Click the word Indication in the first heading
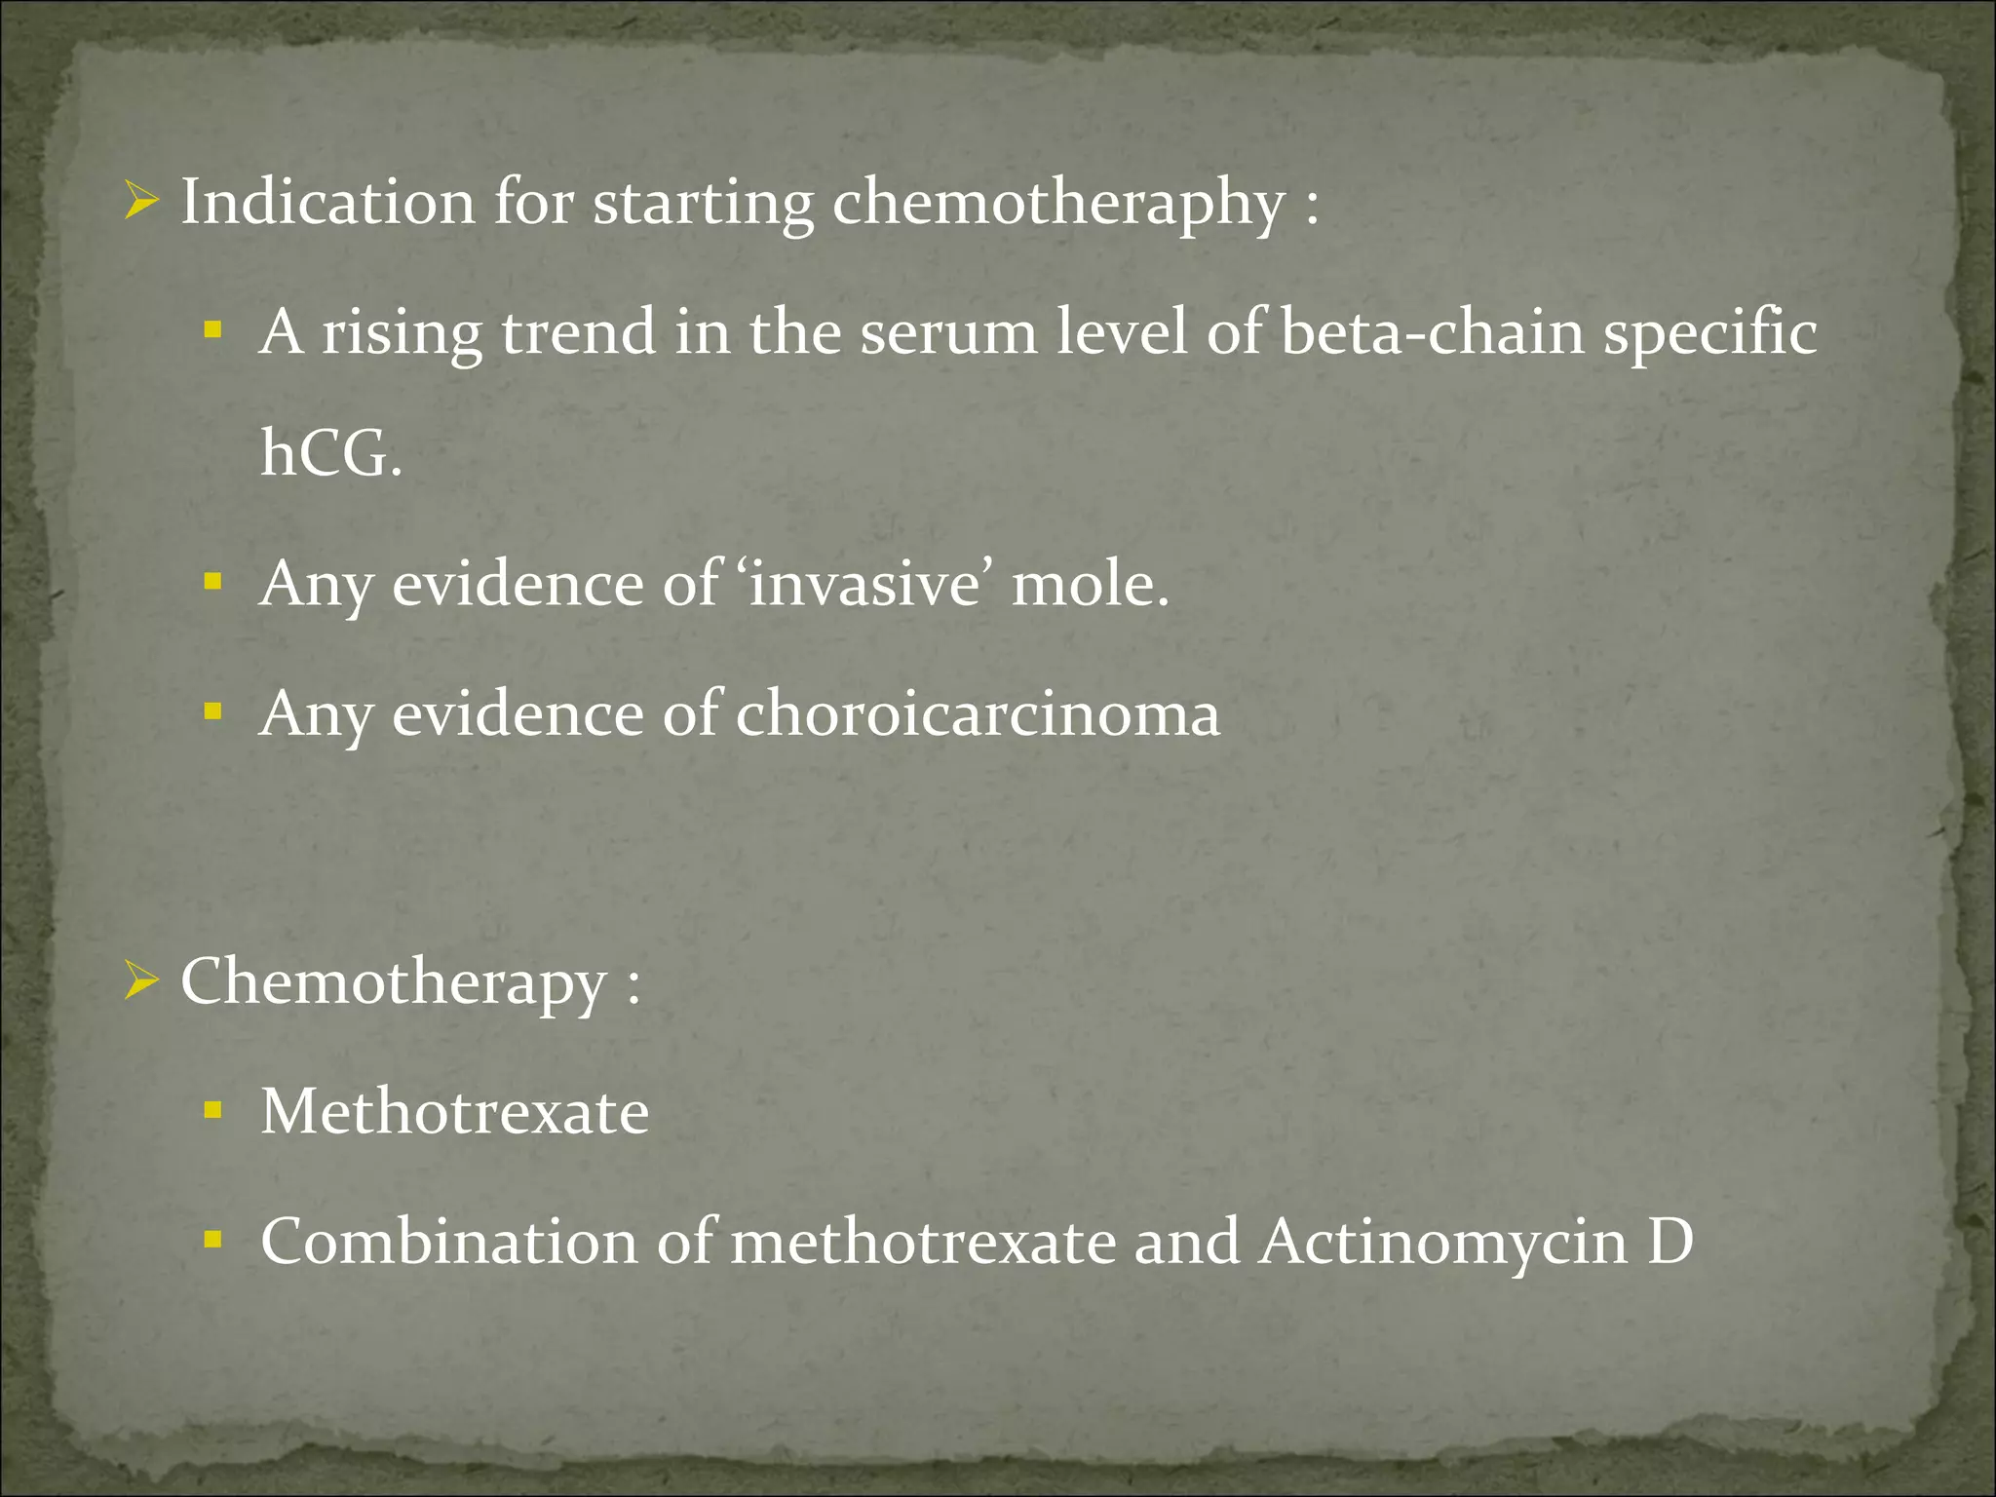(x=327, y=203)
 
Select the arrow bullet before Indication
(x=141, y=203)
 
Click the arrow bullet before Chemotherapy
(x=141, y=981)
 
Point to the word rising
(x=402, y=333)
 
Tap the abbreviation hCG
(x=330, y=454)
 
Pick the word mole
(x=1089, y=585)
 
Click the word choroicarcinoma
(x=977, y=714)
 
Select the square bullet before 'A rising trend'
(x=213, y=330)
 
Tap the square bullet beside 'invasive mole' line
(x=213, y=583)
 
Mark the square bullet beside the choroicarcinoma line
(x=213, y=712)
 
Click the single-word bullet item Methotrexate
(x=454, y=1112)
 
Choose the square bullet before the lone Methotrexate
(x=213, y=1110)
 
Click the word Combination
(x=448, y=1243)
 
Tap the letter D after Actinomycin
(x=1670, y=1243)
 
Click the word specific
(x=1709, y=333)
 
